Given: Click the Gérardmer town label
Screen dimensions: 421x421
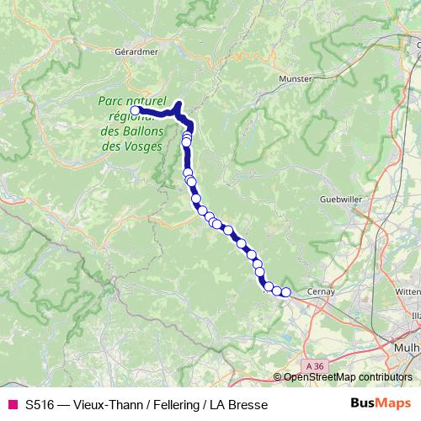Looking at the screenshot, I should pos(136,51).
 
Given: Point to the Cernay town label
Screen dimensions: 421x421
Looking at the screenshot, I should pos(321,291).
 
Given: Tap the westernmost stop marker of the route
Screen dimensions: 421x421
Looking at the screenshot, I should pos(135,109).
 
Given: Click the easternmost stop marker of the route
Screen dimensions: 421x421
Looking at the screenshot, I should pos(285,292).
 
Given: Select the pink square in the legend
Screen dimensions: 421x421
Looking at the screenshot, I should pos(12,405).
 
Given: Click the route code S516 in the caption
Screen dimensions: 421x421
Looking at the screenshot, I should pos(40,405).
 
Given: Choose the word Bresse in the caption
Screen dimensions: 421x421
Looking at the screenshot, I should pos(248,405).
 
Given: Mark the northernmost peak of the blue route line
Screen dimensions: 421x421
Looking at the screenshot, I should pos(179,104).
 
